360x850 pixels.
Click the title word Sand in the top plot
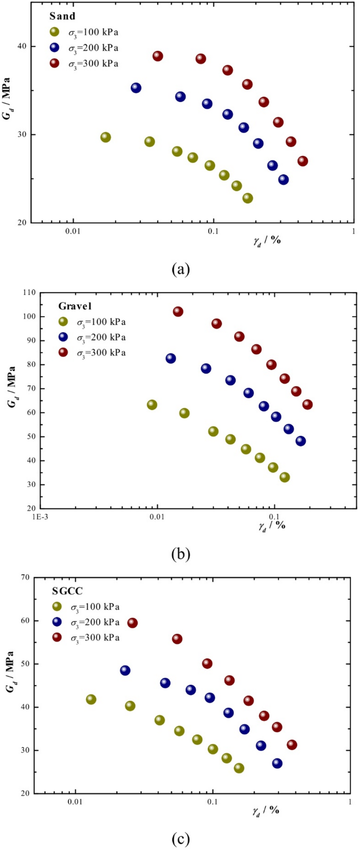63,16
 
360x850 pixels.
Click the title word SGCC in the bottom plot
68,591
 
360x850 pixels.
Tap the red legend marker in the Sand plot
55,64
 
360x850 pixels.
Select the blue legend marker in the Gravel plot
63,337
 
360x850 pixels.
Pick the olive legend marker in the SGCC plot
57,607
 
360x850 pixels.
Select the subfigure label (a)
181,269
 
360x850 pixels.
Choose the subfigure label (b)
181,553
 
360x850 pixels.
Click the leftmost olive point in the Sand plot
106,137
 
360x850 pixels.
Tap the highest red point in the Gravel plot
178,312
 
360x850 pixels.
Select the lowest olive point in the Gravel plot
285,478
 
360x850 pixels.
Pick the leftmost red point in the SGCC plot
132,623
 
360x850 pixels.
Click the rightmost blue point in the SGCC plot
277,763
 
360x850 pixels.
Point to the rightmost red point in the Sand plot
303,161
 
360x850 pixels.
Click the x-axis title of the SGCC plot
265,811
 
